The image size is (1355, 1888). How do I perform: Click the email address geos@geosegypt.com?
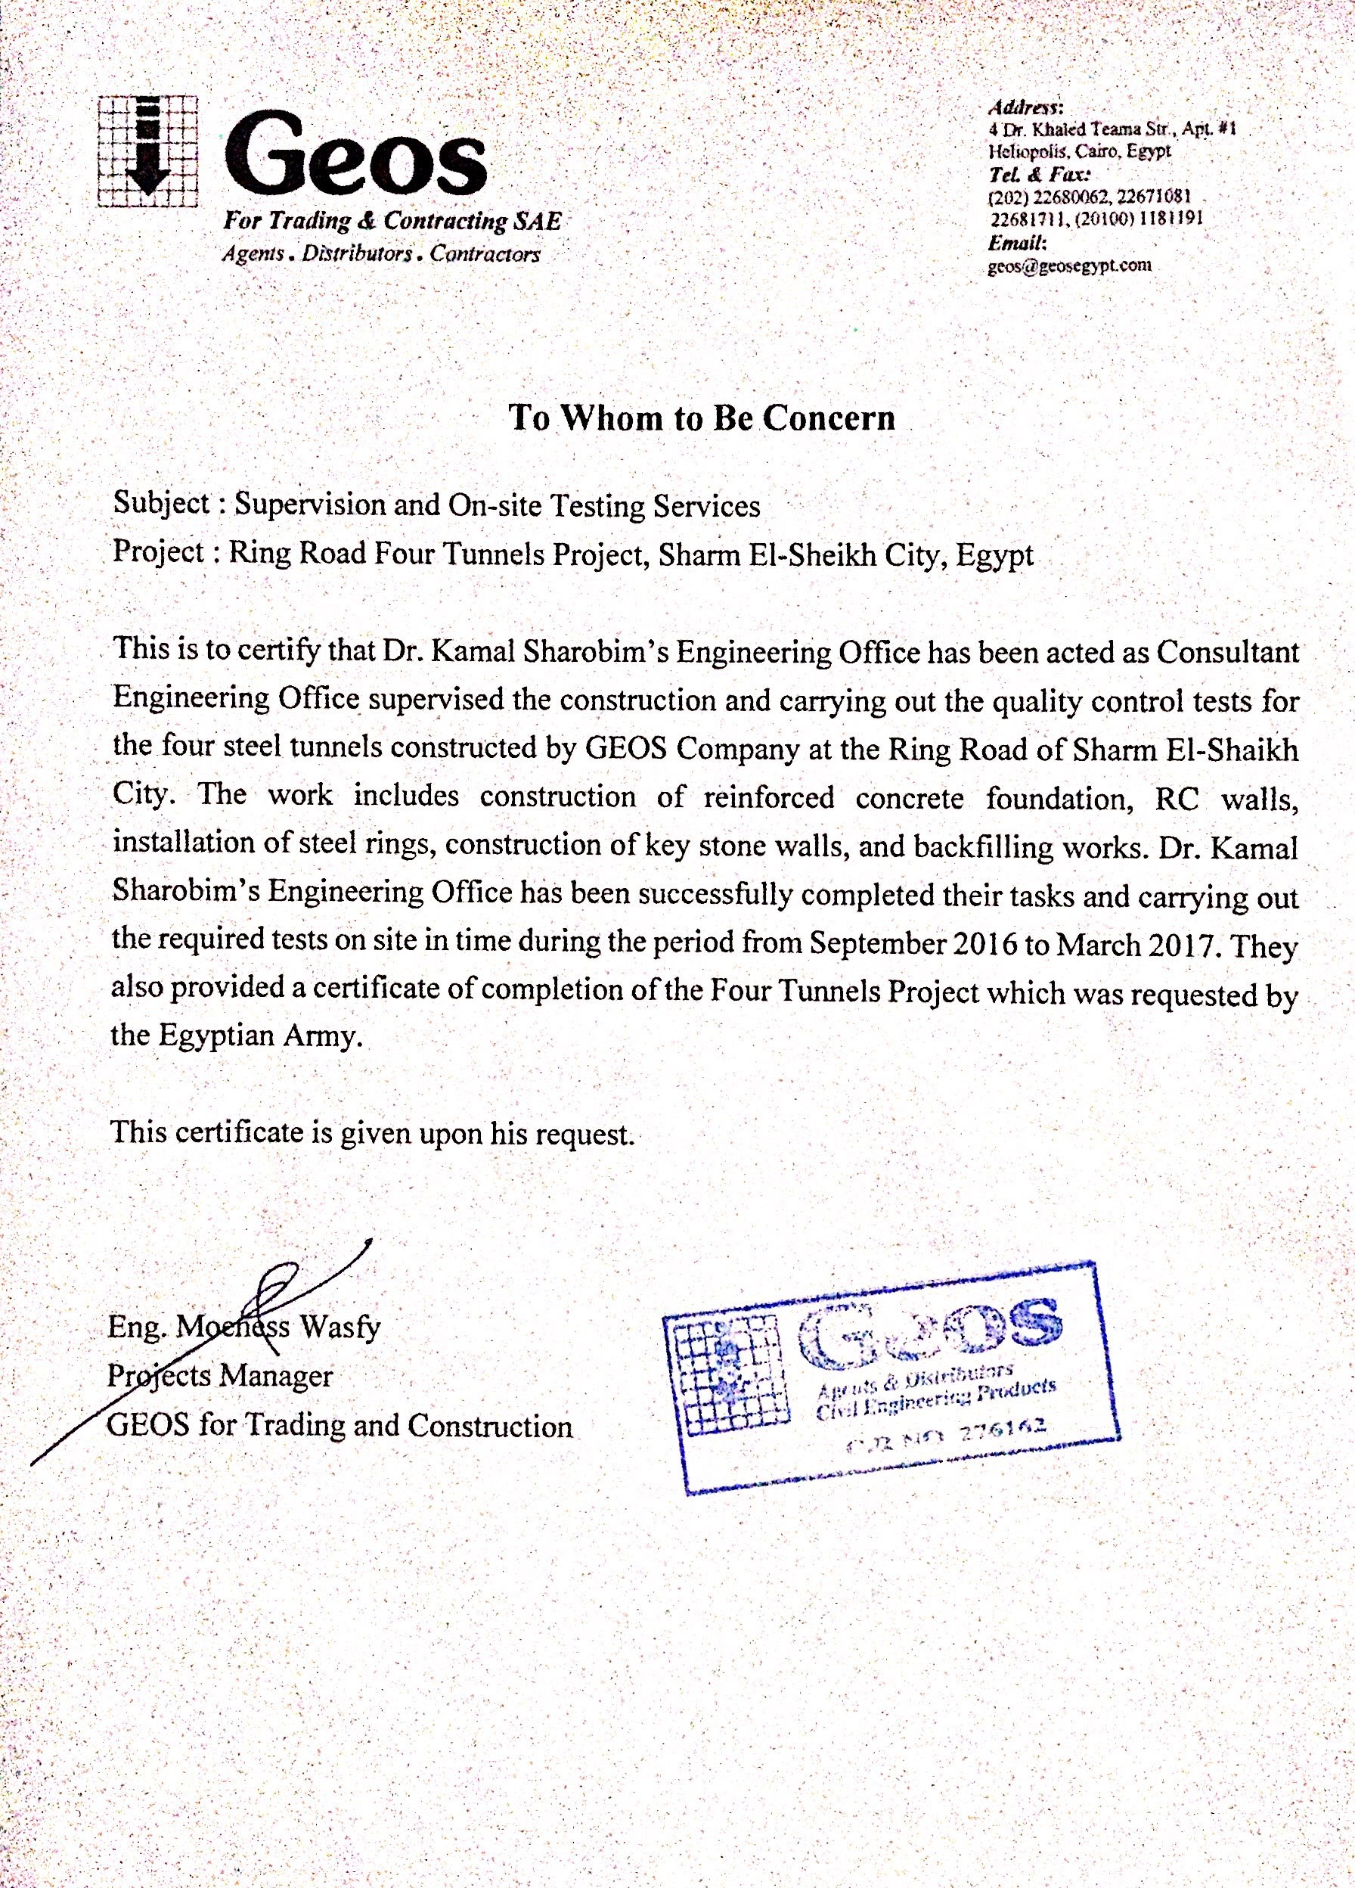point(1069,266)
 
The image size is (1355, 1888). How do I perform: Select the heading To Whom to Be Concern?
point(702,417)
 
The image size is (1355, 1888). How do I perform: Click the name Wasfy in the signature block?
point(340,1326)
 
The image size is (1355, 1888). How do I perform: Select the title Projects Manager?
point(220,1375)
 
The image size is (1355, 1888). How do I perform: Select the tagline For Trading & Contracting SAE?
point(391,222)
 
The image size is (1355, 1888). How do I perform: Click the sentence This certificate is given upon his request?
point(372,1132)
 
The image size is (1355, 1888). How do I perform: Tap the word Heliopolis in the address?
point(1019,151)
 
